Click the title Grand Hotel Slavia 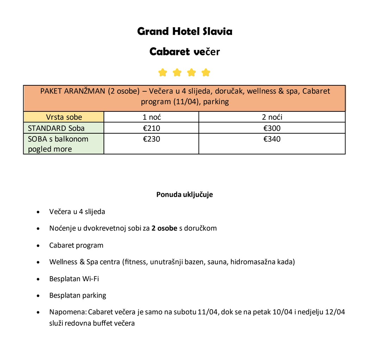[x=185, y=32]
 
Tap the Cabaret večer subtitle [x=185, y=52]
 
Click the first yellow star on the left [x=162, y=73]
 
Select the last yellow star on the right [x=206, y=73]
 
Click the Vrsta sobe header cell [x=64, y=117]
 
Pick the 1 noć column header [x=151, y=117]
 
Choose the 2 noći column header [x=272, y=117]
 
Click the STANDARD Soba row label [x=56, y=128]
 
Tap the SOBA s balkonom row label [x=58, y=139]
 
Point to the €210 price [x=151, y=128]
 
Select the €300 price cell [x=272, y=128]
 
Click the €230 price [x=151, y=139]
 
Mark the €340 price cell [x=272, y=139]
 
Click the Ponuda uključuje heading [x=185, y=195]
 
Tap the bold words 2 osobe [x=164, y=228]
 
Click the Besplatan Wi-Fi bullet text [x=74, y=279]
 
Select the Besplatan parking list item [x=77, y=295]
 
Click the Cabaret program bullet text [x=76, y=245]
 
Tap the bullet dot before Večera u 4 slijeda [x=38, y=213]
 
